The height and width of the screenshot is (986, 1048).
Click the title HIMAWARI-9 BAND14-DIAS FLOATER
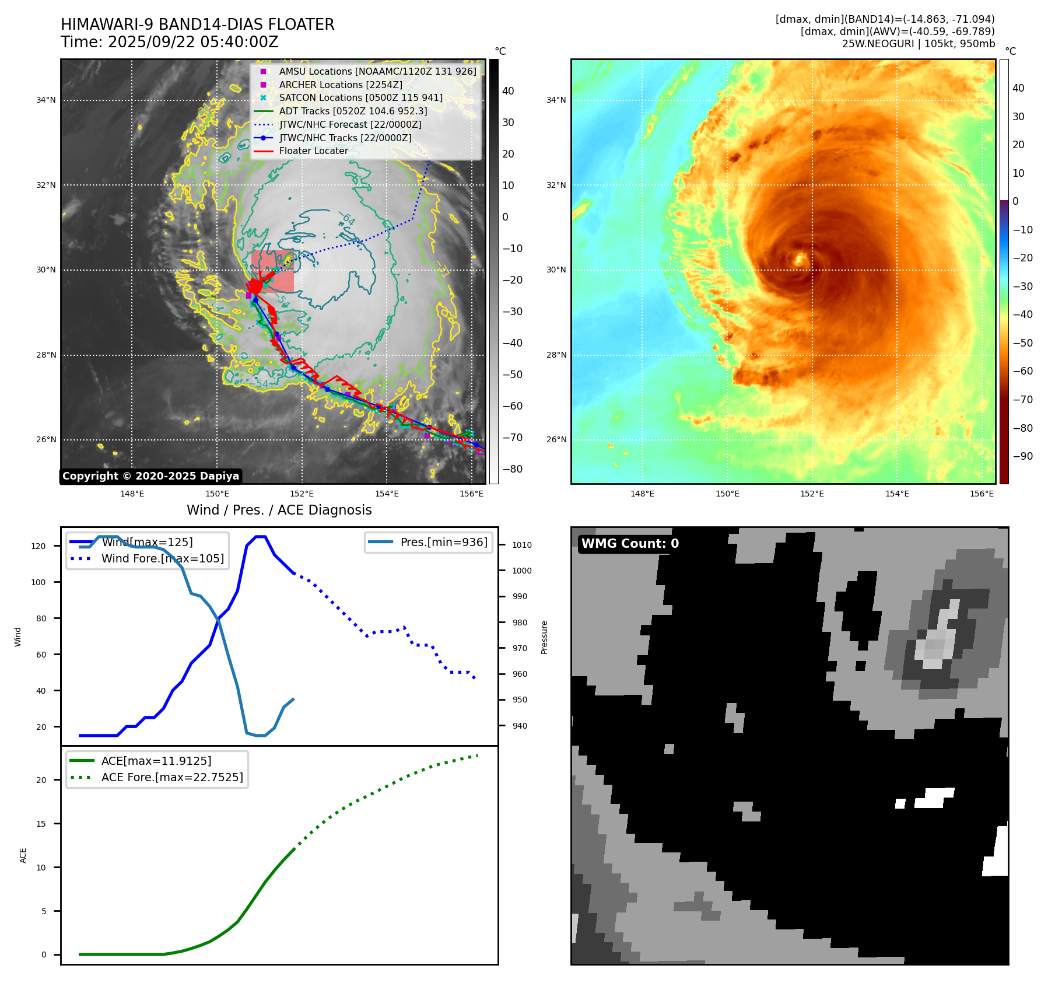click(x=197, y=25)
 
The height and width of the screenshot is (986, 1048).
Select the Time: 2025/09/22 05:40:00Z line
click(x=169, y=42)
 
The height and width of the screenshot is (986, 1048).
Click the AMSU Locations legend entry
click(x=377, y=71)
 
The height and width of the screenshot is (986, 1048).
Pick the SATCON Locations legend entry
click(x=360, y=97)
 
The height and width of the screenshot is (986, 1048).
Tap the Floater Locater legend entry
click(x=313, y=151)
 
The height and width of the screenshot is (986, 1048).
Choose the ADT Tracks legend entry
click(x=353, y=111)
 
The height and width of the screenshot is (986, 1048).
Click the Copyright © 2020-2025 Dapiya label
click(x=150, y=476)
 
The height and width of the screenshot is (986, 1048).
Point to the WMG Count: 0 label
click(x=630, y=544)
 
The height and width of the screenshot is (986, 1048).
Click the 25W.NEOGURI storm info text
click(x=918, y=44)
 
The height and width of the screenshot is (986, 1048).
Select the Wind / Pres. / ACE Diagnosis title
click(x=279, y=510)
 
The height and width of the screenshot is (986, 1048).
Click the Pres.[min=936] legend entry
click(x=443, y=542)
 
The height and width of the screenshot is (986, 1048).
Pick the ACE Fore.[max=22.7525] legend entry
click(x=171, y=777)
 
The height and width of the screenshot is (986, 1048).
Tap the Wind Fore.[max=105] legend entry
click(x=162, y=558)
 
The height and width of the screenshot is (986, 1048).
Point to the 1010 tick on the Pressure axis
click(x=521, y=545)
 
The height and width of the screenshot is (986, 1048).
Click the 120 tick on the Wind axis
click(x=38, y=546)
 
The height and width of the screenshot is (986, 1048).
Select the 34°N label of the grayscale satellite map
click(x=46, y=100)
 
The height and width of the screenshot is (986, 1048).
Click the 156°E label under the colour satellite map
click(x=982, y=494)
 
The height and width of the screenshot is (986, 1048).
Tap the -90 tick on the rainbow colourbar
click(x=1022, y=456)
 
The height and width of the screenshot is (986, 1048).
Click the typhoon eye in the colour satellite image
click(x=799, y=258)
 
